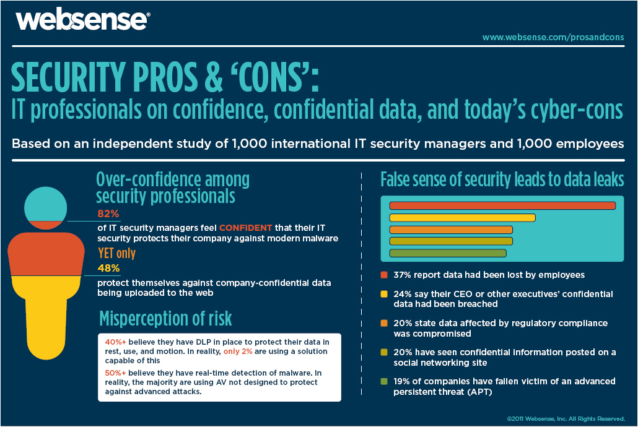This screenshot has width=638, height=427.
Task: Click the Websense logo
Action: click(83, 20)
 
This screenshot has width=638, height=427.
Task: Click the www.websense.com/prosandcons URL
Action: click(553, 37)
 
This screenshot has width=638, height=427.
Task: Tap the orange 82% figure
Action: click(108, 213)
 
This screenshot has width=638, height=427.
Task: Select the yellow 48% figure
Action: click(108, 268)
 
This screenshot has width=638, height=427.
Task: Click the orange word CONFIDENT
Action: click(245, 228)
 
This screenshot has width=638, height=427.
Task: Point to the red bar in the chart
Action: click(502, 206)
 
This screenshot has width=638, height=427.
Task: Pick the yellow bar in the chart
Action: click(462, 218)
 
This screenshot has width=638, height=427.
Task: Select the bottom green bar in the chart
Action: click(448, 253)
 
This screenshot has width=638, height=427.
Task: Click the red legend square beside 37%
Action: click(383, 275)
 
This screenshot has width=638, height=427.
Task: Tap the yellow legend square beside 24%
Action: click(383, 294)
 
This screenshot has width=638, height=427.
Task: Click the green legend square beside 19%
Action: click(383, 381)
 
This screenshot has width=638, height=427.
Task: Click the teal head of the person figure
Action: click(46, 205)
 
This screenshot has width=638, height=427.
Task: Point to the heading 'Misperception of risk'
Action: click(165, 319)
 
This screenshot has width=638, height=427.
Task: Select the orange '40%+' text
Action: click(116, 342)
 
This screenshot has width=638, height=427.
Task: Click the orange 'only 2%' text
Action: click(238, 352)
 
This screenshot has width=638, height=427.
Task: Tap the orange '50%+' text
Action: click(116, 373)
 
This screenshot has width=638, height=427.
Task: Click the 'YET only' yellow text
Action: click(117, 253)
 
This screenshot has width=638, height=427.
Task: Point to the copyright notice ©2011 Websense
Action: click(566, 419)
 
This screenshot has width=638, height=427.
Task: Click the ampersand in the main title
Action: click(214, 77)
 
